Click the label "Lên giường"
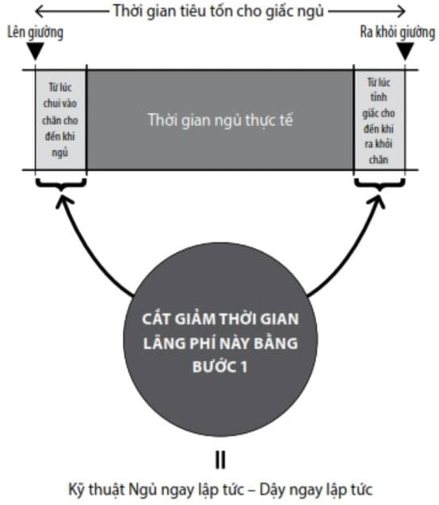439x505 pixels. pyautogui.click(x=35, y=33)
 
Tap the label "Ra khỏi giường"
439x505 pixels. pyautogui.click(x=398, y=33)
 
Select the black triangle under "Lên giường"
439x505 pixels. pyautogui.click(x=35, y=51)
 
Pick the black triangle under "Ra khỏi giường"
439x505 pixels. pyautogui.click(x=405, y=51)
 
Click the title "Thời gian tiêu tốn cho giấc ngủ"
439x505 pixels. pyautogui.click(x=218, y=11)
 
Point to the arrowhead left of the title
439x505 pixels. pyautogui.click(x=40, y=11)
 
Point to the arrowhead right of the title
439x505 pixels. pyautogui.click(x=401, y=11)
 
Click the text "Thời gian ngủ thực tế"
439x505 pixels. pyautogui.click(x=220, y=120)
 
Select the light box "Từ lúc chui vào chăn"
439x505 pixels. pyautogui.click(x=61, y=120)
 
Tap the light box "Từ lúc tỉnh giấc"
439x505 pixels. pyautogui.click(x=379, y=120)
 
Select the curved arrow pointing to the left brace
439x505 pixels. pyautogui.click(x=80, y=252)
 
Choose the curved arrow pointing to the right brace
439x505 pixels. pyautogui.click(x=358, y=252)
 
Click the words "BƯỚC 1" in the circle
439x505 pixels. pyautogui.click(x=220, y=367)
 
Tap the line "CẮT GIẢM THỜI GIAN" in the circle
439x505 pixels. pyautogui.click(x=221, y=319)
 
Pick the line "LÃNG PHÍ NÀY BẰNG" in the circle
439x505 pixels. pyautogui.click(x=221, y=343)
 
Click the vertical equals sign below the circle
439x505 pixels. pyautogui.click(x=220, y=460)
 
